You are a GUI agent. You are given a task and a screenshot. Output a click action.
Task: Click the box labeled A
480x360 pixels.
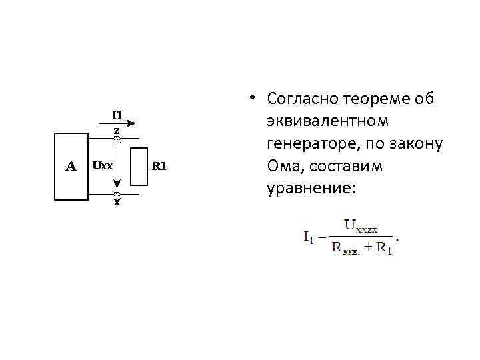[71, 166]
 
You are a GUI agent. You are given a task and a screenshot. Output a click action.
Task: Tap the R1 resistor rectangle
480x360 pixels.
[139, 166]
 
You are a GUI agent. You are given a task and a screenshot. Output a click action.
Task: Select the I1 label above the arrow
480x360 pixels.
[116, 113]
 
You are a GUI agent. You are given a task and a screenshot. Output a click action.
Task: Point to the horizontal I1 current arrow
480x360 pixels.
[120, 123]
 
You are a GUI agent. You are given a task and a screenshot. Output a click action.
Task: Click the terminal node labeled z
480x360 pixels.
[117, 139]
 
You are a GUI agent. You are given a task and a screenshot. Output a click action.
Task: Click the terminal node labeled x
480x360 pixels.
[117, 194]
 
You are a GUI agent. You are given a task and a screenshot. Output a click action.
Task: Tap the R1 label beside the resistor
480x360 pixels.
[159, 165]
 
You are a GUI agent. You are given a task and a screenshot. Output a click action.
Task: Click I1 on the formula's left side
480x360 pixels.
[310, 237]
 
